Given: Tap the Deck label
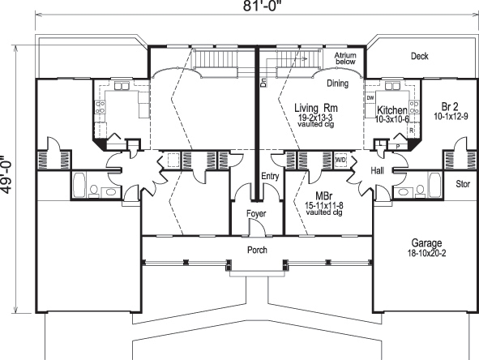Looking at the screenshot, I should point(419,57).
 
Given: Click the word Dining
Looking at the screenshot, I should point(338,83).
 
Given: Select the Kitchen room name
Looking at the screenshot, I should point(391,109).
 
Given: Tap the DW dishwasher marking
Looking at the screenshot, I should point(370,98).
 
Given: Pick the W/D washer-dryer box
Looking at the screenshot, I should point(340,159).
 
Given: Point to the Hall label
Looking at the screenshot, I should point(377,173).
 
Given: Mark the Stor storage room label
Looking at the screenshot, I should point(463,183).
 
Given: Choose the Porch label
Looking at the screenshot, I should point(257,250).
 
